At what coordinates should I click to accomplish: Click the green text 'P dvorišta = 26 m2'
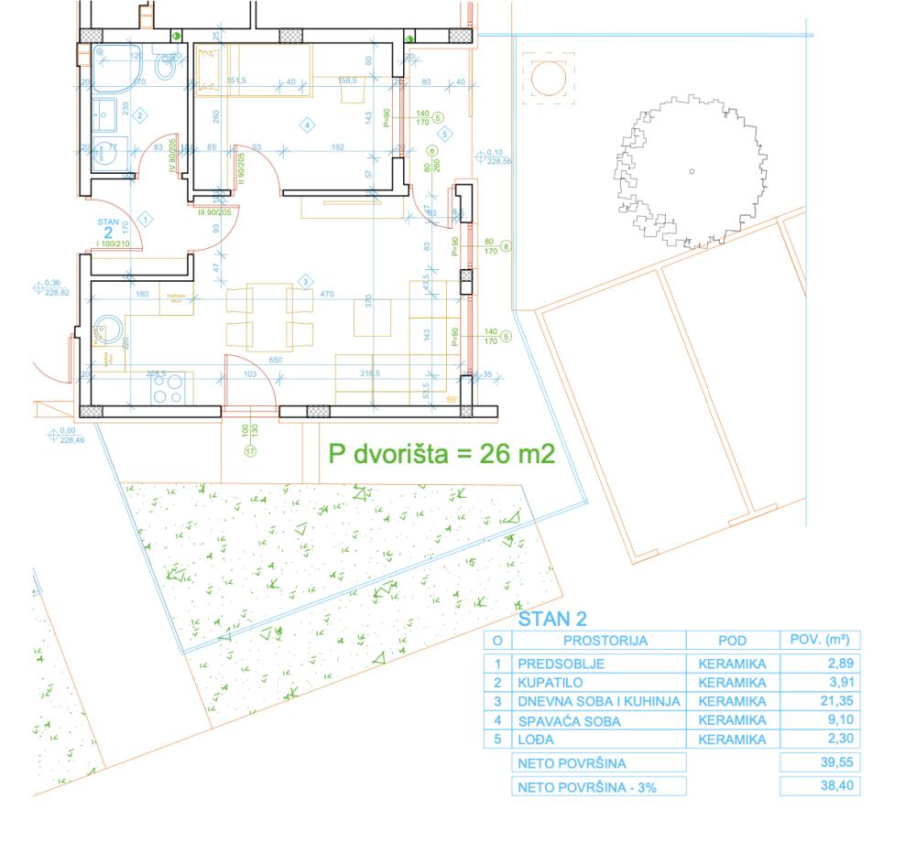[442, 454]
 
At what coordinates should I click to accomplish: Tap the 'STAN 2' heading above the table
[551, 620]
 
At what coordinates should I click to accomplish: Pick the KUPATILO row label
[553, 682]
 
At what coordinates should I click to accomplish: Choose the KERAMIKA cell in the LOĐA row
[730, 740]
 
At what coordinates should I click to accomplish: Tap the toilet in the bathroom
[167, 67]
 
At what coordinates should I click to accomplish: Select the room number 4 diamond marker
[307, 124]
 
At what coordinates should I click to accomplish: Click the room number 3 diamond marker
[306, 280]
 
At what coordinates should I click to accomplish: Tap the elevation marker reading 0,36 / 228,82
[48, 286]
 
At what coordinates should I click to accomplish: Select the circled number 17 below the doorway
[248, 449]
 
